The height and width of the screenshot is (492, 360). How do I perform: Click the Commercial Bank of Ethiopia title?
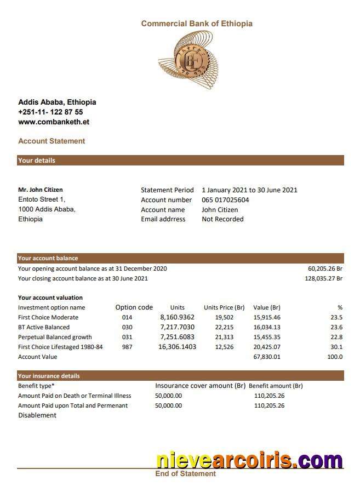[x=197, y=24]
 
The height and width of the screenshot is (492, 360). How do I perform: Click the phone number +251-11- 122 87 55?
[x=50, y=112]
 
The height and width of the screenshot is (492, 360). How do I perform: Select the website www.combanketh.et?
[x=54, y=122]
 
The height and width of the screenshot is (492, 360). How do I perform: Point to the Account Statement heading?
[x=52, y=141]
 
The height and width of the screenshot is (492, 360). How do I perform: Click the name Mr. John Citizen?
[x=41, y=190]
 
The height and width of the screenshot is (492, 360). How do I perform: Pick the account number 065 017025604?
[x=225, y=200]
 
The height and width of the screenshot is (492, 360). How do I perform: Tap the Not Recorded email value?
[x=222, y=219]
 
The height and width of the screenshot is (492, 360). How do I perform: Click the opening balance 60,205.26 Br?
[x=325, y=268]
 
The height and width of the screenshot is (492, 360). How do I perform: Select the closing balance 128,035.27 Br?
[x=323, y=278]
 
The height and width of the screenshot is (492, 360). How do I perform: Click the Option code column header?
[x=134, y=307]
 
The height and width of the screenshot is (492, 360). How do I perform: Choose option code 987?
[x=127, y=347]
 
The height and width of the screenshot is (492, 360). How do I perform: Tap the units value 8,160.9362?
[x=177, y=317]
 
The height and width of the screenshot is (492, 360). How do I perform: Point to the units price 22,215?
[x=224, y=327]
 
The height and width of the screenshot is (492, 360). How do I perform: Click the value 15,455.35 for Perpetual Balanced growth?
[x=267, y=337]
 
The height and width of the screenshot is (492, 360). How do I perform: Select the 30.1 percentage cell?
[x=336, y=347]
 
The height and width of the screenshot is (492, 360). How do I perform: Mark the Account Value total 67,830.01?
[x=267, y=357]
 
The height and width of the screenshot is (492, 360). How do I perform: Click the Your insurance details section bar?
[x=181, y=376]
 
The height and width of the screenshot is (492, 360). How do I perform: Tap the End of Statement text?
[x=185, y=473]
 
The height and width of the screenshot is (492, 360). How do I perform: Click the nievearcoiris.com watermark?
[x=249, y=460]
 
